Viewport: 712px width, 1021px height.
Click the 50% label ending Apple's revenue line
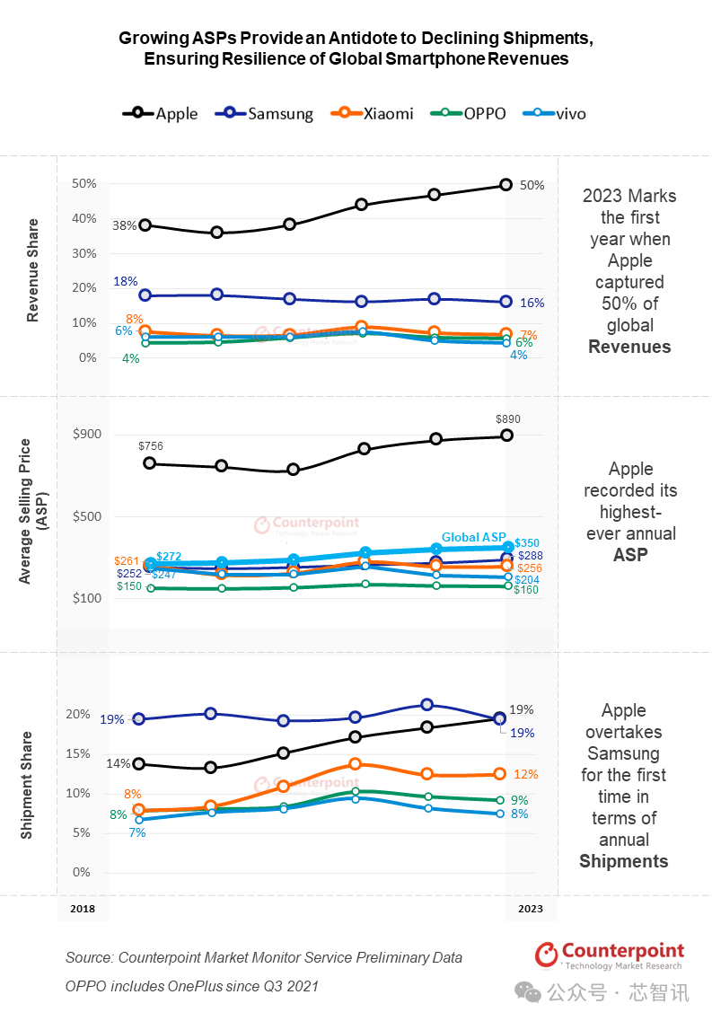tap(532, 185)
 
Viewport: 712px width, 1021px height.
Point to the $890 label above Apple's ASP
tap(508, 418)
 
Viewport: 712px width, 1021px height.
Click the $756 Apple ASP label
tap(151, 445)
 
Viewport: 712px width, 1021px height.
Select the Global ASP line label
tap(473, 538)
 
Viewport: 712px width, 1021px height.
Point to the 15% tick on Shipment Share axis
tap(79, 753)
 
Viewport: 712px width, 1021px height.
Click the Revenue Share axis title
tap(33, 270)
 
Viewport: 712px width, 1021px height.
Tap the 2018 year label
tap(82, 909)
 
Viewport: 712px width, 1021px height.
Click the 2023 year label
tap(530, 909)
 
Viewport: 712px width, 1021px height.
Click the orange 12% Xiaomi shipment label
tap(526, 774)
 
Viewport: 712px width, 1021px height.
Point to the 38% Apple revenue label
tap(125, 225)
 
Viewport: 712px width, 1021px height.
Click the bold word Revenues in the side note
tap(629, 347)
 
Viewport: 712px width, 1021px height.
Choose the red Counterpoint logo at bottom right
tap(610, 955)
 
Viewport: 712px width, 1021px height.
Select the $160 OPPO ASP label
tap(525, 590)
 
